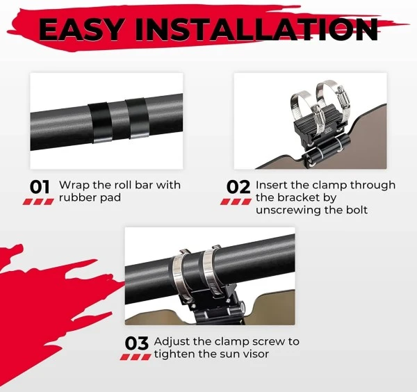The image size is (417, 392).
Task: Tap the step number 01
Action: [40, 187]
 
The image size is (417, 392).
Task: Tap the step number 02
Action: [238, 187]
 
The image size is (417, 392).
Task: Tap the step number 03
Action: [137, 343]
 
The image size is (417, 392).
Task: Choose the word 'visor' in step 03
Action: [255, 354]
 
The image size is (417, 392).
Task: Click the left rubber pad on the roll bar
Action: [99, 122]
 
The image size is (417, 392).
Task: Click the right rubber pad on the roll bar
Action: [137, 118]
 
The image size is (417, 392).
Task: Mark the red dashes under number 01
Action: [38, 202]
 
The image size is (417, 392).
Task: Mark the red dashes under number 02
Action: [236, 202]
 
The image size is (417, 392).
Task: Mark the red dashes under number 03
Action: [136, 357]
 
